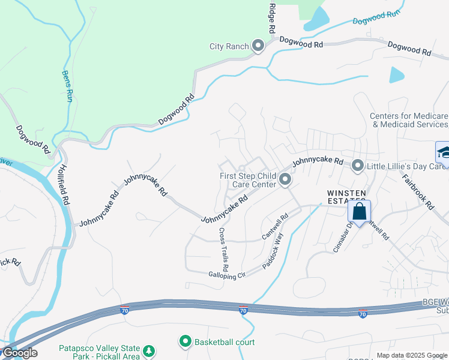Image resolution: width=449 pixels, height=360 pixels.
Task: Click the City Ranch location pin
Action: pyautogui.click(x=259, y=46)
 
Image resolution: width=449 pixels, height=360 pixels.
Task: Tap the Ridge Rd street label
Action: pyautogui.click(x=271, y=17)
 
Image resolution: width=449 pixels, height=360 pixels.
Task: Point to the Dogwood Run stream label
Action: pyautogui.click(x=376, y=17)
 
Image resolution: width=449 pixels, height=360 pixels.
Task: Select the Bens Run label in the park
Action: pyautogui.click(x=67, y=86)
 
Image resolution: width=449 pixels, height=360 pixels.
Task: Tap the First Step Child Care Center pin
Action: pyautogui.click(x=285, y=179)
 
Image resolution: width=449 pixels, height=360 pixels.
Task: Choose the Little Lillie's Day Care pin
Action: pyautogui.click(x=358, y=164)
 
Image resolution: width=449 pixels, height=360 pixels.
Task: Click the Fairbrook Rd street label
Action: pyautogui.click(x=418, y=191)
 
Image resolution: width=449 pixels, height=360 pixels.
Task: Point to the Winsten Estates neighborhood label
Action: pyautogui.click(x=346, y=196)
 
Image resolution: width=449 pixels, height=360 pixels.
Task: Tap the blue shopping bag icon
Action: pyautogui.click(x=360, y=211)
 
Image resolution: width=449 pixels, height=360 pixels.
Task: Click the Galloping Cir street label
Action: pyautogui.click(x=228, y=275)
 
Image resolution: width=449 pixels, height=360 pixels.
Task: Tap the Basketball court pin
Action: pyautogui.click(x=185, y=342)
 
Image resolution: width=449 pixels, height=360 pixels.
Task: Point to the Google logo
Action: pyautogui.click(x=20, y=353)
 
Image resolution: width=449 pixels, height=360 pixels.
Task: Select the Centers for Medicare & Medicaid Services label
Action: pyautogui.click(x=409, y=120)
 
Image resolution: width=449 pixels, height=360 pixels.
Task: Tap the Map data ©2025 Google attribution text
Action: pyautogui.click(x=412, y=355)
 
